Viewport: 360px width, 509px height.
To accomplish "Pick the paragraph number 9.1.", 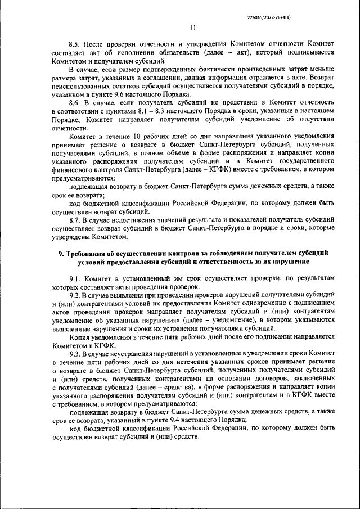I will (x=75, y=279).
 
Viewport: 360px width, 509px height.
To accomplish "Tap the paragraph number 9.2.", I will (x=75, y=295).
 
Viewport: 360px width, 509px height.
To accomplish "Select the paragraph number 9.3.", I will (x=75, y=354).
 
